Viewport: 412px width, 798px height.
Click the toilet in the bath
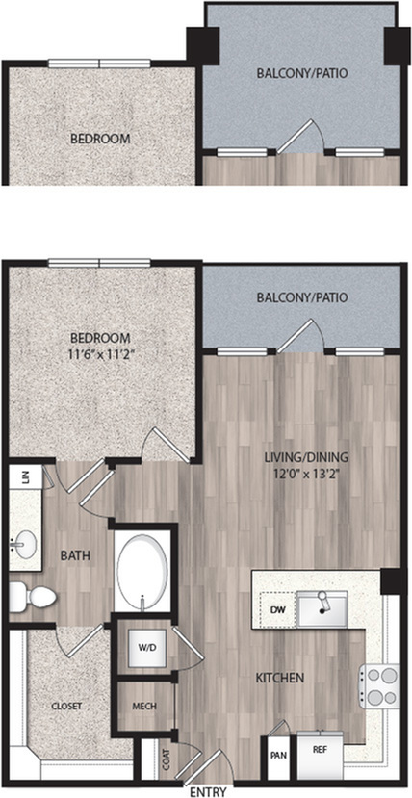[x=33, y=595]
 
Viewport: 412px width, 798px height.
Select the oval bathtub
[x=142, y=569]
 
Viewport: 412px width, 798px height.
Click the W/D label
[x=144, y=649]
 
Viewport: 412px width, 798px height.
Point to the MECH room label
[x=144, y=707]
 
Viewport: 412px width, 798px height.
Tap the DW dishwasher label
[x=276, y=609]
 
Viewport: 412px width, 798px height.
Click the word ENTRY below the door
[x=208, y=792]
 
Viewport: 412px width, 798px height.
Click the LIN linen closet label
[x=24, y=477]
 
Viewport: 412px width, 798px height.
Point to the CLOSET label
[x=66, y=707]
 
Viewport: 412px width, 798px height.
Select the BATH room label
[x=75, y=555]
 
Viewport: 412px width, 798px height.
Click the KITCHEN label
[x=279, y=678]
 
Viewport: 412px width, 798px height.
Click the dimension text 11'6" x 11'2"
[x=100, y=355]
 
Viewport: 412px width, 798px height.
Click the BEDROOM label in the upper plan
[x=100, y=139]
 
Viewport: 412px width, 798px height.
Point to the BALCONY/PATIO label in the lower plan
[x=302, y=297]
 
